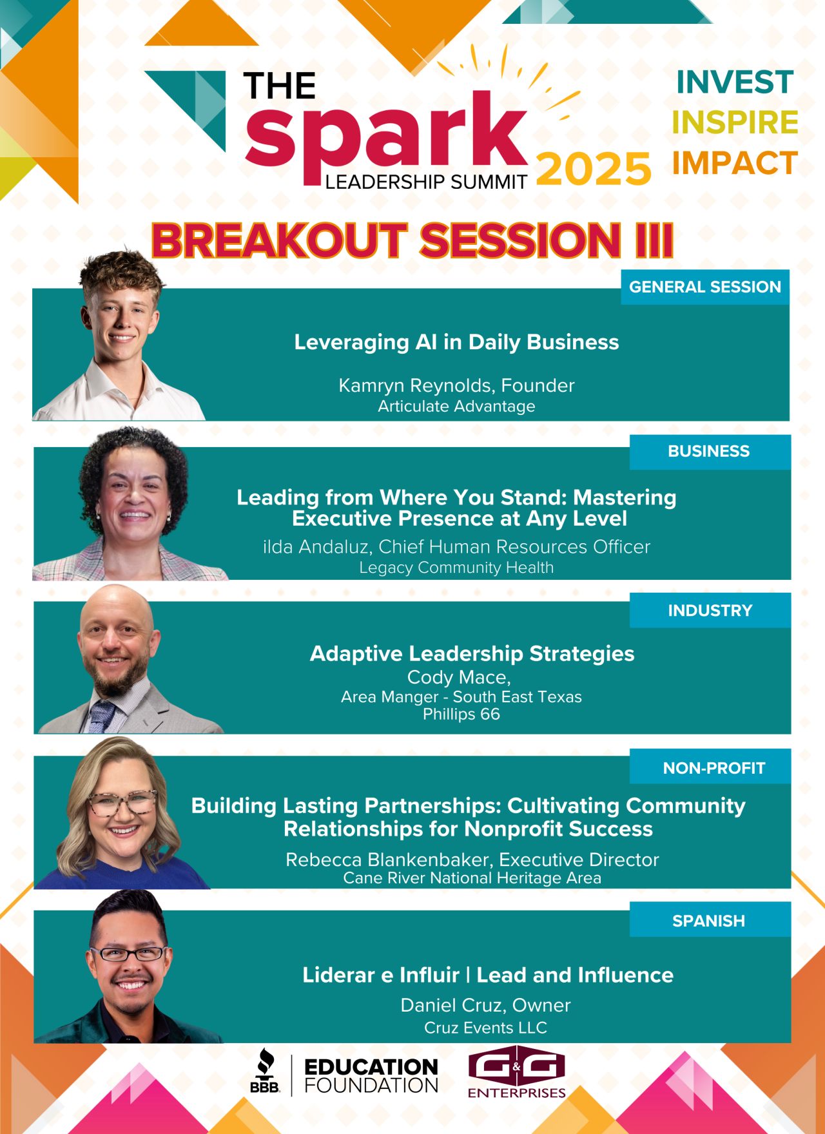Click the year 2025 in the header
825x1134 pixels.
(x=594, y=169)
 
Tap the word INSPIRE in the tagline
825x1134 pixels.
(x=735, y=122)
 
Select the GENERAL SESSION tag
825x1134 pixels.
(x=705, y=287)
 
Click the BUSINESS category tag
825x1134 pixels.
(x=710, y=451)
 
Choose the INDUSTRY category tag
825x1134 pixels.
(x=710, y=610)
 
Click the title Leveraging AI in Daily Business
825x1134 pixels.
(x=456, y=342)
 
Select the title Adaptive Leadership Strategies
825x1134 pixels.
(x=472, y=653)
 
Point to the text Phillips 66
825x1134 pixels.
(x=461, y=714)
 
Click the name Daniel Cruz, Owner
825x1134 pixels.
(x=485, y=1005)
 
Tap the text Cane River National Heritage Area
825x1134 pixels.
(x=472, y=878)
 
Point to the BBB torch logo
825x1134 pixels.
(x=265, y=1070)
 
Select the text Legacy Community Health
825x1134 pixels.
(x=456, y=568)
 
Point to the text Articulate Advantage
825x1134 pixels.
(x=456, y=407)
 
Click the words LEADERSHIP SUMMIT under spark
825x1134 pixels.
(x=426, y=182)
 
